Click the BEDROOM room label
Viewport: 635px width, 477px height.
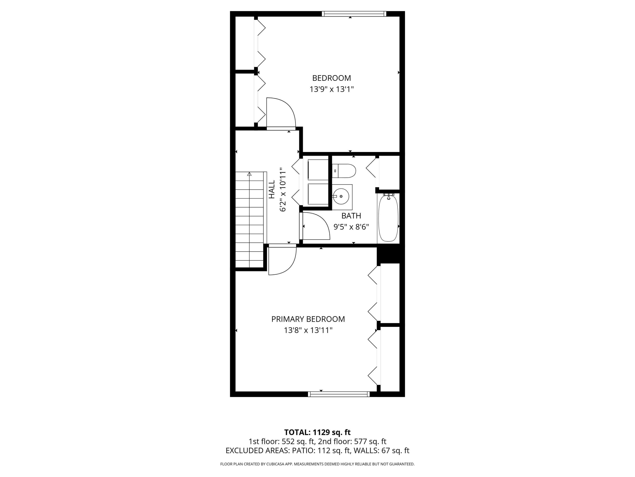332,78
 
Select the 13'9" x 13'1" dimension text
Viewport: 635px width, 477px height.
332,89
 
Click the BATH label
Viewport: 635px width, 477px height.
351,216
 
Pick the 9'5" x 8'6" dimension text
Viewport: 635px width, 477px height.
351,227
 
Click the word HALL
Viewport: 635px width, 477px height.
272,189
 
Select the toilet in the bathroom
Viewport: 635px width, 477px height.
344,171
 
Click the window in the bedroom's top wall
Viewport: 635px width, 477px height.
354,14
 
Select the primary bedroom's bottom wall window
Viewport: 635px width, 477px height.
339,394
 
